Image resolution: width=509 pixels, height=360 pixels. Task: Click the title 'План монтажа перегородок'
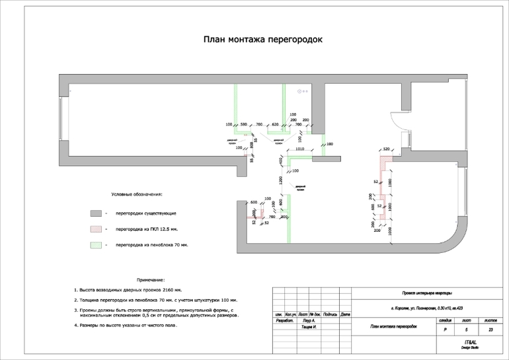click(262, 40)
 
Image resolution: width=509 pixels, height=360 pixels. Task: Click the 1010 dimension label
click(299, 149)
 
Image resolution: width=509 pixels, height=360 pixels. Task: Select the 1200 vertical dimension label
click(281, 180)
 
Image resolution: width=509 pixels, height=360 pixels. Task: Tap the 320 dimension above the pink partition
click(387, 149)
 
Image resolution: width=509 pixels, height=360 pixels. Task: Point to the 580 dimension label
click(243, 124)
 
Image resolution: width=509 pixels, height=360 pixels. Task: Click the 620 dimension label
click(275, 124)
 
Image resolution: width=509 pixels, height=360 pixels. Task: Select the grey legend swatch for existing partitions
click(96, 213)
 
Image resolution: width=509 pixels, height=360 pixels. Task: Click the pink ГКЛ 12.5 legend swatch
click(96, 229)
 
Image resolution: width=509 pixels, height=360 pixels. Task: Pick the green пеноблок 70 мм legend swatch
click(96, 245)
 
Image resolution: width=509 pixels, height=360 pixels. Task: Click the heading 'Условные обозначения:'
click(136, 195)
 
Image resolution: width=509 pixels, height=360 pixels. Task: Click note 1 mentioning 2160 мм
click(127, 290)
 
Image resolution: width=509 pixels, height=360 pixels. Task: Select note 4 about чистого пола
click(126, 325)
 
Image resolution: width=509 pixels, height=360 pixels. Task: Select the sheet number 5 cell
click(466, 329)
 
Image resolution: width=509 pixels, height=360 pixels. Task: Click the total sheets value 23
click(490, 329)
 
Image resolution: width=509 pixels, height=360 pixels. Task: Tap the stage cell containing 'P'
click(446, 329)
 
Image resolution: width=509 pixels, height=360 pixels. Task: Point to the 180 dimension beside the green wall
click(329, 144)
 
